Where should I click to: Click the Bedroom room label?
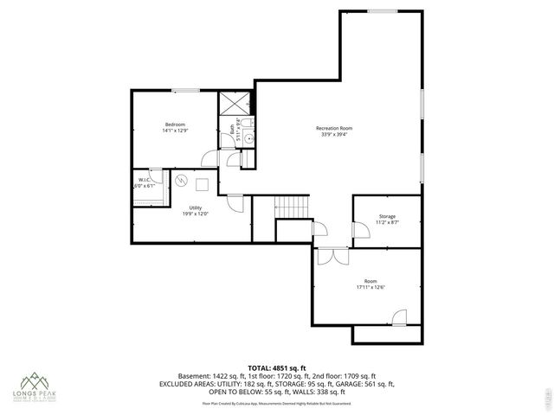[175, 124]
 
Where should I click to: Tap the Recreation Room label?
[334, 129]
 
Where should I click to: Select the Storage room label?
[387, 216]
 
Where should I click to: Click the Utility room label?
[196, 207]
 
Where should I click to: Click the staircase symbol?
[292, 207]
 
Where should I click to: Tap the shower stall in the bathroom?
[234, 103]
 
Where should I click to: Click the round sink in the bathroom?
[248, 136]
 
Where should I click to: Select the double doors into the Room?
[326, 257]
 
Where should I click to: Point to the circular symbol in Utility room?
[181, 181]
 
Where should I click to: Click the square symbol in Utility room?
[203, 182]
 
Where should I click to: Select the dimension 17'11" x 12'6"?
[370, 287]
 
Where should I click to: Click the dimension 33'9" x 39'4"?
[334, 135]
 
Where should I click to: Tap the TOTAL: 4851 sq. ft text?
[276, 367]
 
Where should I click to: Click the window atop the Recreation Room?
[383, 11]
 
